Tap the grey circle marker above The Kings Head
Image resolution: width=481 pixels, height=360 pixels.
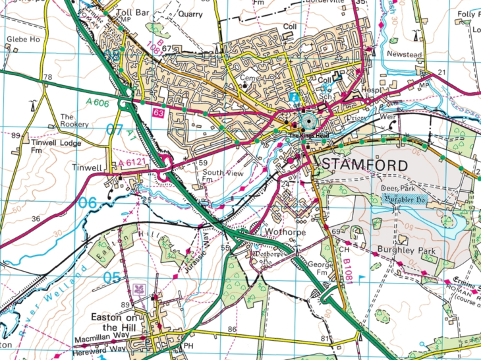pyautogui.click(x=308, y=123)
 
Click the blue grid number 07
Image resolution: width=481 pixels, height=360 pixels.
pyautogui.click(x=115, y=129)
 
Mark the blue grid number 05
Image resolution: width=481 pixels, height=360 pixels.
pyautogui.click(x=112, y=277)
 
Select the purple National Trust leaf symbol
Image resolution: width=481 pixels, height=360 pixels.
pyautogui.click(x=139, y=289)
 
